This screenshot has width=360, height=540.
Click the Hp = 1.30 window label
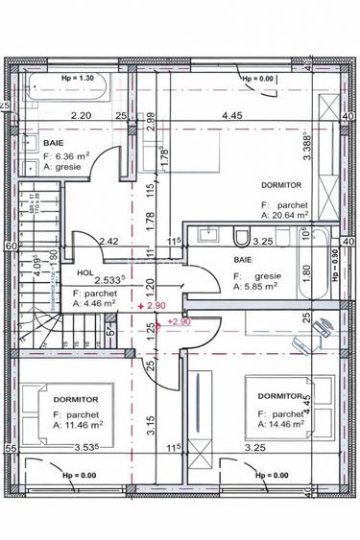point(76,77)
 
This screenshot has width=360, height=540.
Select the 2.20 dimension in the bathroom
point(80,117)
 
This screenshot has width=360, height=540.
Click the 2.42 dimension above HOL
point(108,243)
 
